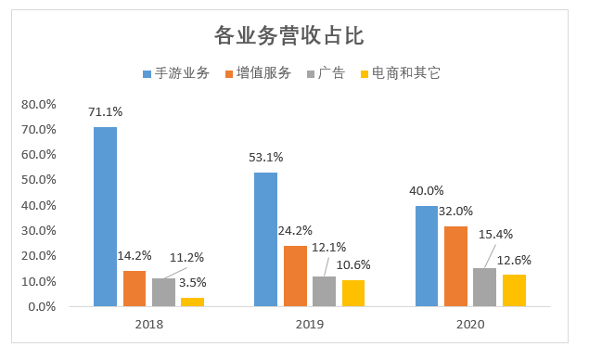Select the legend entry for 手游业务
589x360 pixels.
point(176,72)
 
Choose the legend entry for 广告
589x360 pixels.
point(326,72)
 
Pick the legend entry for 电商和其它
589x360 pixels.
point(400,72)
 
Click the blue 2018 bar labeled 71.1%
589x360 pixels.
point(105,216)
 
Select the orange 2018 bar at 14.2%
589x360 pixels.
point(134,288)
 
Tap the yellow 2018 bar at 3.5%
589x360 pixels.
point(192,302)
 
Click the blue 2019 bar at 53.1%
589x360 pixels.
point(265,239)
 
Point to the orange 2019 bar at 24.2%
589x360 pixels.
point(295,276)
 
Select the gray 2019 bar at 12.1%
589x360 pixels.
point(324,290)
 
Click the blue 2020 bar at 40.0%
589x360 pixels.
point(426,255)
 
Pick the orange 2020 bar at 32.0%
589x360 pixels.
point(455,265)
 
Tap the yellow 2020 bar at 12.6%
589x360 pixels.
point(514,289)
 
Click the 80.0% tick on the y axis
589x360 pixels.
point(39,104)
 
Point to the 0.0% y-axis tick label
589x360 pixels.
point(42,306)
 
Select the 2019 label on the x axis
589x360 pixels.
point(309,325)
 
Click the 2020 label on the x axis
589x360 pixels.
point(469,325)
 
